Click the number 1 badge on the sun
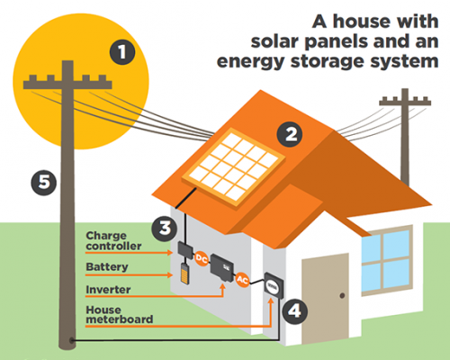[122, 52]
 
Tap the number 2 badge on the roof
[290, 134]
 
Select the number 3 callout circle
[165, 229]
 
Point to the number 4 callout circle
[294, 311]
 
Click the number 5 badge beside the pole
[44, 183]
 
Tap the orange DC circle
[202, 258]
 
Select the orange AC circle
[242, 280]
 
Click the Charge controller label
[113, 241]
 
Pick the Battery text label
[107, 266]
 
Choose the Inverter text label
[108, 290]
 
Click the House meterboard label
[120, 315]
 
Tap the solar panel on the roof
[234, 167]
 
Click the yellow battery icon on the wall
[184, 274]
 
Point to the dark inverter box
[222, 268]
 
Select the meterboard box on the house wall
[274, 285]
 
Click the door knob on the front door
[342, 296]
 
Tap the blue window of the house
[387, 261]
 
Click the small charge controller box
[185, 250]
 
